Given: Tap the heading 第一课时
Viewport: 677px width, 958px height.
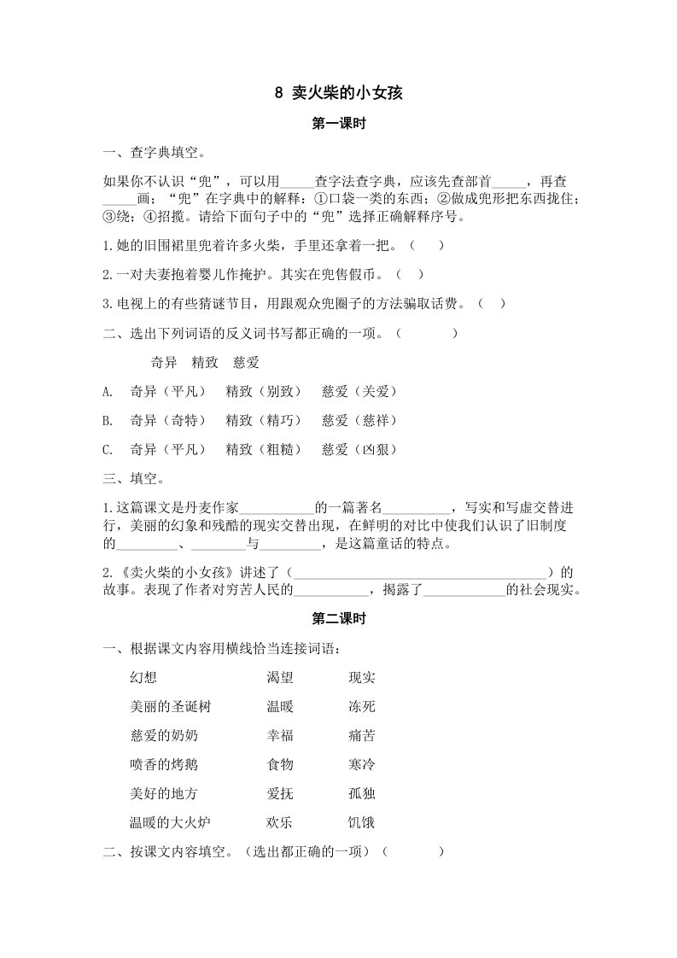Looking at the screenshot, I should [339, 124].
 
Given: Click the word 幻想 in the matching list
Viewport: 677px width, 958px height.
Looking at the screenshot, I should [143, 678].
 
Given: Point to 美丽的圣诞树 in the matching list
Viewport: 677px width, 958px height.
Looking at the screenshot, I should [169, 707].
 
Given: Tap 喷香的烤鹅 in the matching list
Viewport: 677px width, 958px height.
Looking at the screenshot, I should [163, 764].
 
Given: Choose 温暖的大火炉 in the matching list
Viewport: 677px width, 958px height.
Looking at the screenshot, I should [169, 823].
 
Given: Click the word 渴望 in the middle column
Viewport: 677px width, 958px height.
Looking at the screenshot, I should [280, 678].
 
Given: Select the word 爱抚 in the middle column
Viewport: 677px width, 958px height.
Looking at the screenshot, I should [280, 794].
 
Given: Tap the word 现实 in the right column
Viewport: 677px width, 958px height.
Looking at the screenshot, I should [362, 678].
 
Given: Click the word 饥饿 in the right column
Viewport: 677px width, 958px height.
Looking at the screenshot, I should [362, 823].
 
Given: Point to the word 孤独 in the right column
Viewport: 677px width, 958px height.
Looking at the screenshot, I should [362, 794].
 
